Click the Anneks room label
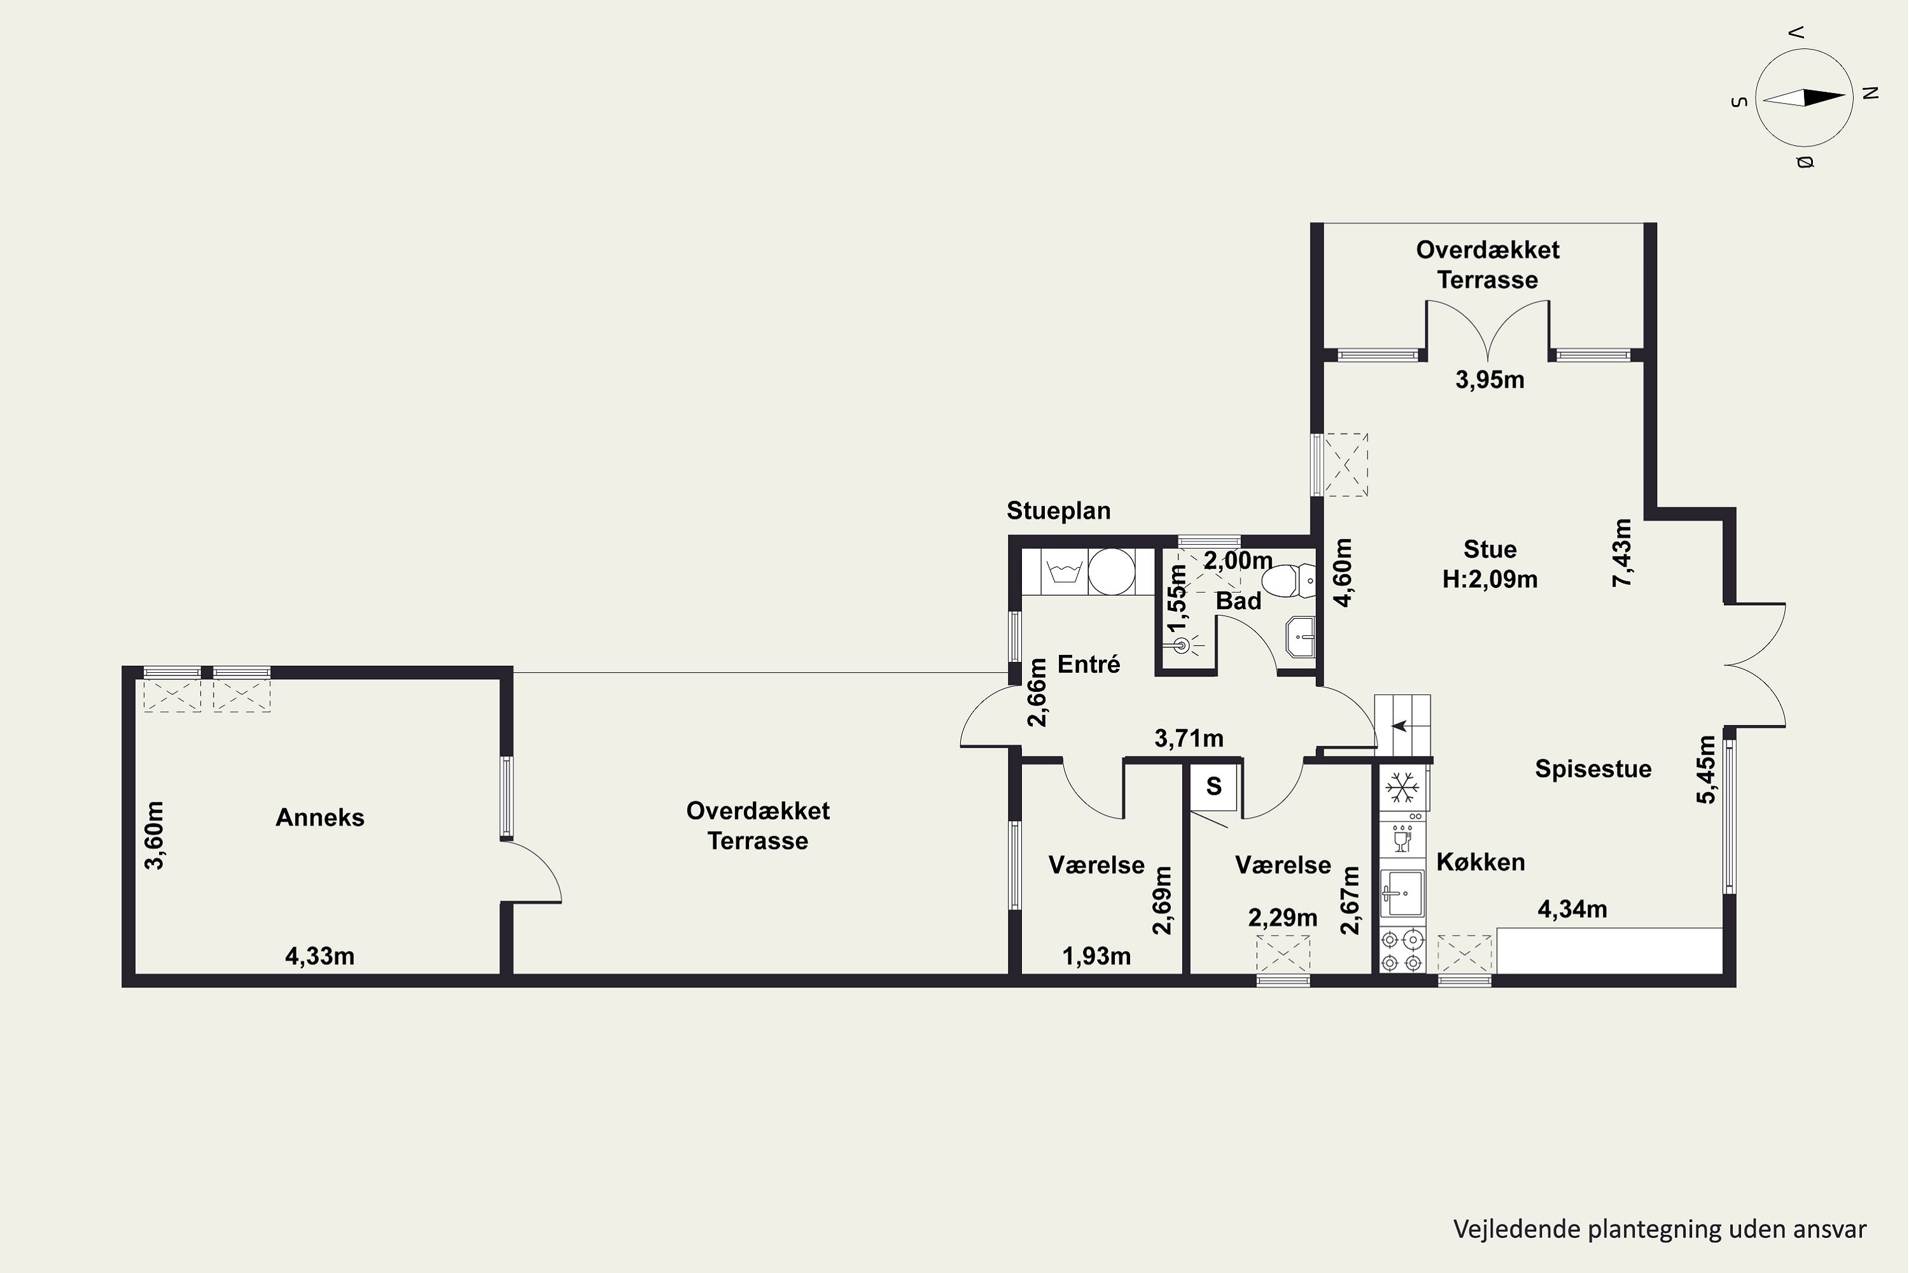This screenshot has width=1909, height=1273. [320, 817]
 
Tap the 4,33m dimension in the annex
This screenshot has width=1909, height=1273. [320, 957]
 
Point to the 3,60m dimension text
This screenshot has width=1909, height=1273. [154, 835]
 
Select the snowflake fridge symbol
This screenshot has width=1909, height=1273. [1402, 787]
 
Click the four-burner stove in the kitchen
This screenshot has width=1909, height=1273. [1402, 951]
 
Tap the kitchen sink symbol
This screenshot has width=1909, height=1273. [1402, 892]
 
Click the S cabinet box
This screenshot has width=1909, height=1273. [1213, 786]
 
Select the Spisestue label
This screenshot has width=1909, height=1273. [1593, 769]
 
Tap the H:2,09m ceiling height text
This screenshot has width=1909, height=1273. [1490, 579]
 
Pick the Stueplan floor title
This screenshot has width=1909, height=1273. [1058, 510]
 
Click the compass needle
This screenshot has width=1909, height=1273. [1804, 97]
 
